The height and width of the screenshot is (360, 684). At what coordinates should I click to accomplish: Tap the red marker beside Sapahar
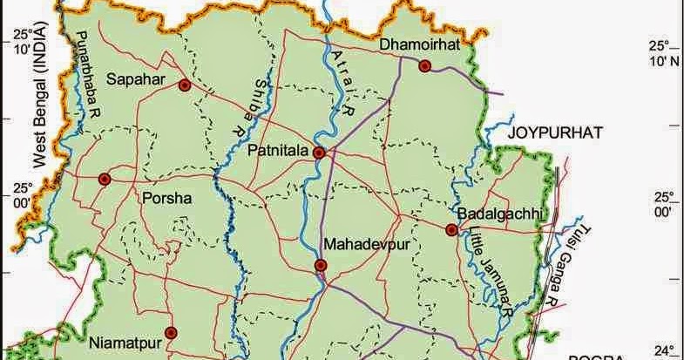(184, 85)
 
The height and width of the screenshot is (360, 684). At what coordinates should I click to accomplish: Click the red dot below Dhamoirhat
(424, 66)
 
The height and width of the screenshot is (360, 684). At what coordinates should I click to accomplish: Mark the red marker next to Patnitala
(319, 153)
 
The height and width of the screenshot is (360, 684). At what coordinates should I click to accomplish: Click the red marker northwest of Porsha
(105, 179)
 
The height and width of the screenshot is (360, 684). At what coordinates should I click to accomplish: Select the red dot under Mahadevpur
(321, 266)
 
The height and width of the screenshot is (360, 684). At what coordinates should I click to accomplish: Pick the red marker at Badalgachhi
(451, 230)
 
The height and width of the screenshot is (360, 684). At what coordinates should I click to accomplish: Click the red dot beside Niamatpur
(171, 332)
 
